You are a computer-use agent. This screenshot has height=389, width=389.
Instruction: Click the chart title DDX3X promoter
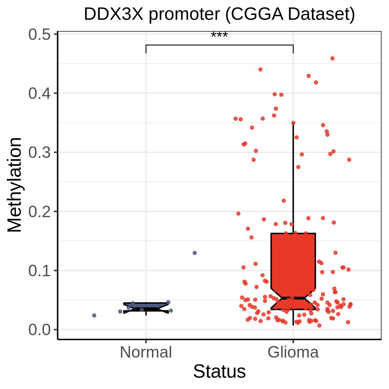(x=219, y=15)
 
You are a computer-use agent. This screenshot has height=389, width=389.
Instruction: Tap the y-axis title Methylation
(x=15, y=185)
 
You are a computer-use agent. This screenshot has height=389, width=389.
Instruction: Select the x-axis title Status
(x=219, y=371)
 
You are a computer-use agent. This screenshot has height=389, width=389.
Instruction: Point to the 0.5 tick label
(x=40, y=34)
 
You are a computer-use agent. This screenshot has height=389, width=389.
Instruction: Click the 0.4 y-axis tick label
(x=40, y=93)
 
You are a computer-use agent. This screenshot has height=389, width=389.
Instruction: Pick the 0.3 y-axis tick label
(x=40, y=152)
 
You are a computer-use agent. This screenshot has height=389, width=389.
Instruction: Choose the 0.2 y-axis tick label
(x=40, y=212)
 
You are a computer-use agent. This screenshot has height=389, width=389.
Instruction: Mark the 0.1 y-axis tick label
(x=40, y=271)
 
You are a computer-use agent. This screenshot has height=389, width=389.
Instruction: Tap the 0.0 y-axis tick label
(x=40, y=330)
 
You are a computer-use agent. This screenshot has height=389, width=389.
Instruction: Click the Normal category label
(x=146, y=352)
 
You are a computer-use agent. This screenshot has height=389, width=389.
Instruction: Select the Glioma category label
(x=293, y=352)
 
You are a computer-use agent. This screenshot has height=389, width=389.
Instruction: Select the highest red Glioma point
(x=332, y=58)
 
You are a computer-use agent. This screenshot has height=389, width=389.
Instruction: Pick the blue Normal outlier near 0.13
(x=194, y=253)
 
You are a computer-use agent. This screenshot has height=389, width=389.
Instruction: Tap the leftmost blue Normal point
(x=94, y=315)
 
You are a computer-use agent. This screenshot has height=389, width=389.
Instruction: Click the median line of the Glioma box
(x=293, y=298)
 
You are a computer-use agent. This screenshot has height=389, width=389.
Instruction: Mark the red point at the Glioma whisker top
(x=293, y=123)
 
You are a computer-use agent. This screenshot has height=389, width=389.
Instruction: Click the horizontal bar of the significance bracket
(x=219, y=45)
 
